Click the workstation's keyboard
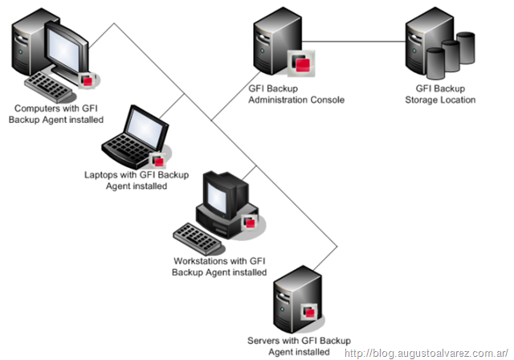click(198, 236)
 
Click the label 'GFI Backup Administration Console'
click(296, 95)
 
